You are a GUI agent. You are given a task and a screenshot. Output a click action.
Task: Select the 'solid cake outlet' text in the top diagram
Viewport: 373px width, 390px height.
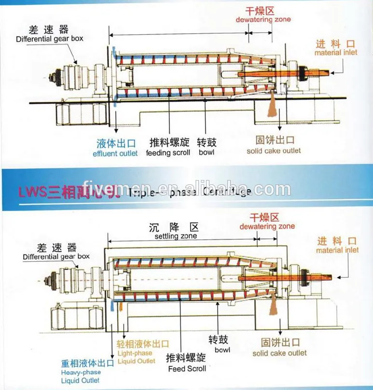[274, 151]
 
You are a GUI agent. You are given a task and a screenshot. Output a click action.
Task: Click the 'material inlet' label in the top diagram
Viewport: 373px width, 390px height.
[336, 53]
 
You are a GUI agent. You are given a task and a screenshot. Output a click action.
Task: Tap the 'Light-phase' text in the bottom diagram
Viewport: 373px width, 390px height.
[135, 353]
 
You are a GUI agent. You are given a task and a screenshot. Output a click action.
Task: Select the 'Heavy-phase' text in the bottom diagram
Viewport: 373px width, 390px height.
[81, 373]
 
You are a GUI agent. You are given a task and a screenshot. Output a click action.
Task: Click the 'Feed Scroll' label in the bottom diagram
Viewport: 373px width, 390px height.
[187, 369]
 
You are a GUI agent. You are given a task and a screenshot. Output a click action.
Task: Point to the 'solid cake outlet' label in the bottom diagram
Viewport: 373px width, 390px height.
[279, 353]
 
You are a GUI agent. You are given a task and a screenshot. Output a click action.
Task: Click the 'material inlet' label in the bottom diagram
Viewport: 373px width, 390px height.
[337, 250]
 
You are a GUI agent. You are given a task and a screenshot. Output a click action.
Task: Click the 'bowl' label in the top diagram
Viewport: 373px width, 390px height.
[206, 153]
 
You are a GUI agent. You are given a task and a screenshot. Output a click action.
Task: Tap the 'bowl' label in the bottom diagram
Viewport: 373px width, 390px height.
[222, 349]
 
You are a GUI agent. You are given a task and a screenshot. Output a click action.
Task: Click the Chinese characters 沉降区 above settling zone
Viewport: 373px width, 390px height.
[178, 227]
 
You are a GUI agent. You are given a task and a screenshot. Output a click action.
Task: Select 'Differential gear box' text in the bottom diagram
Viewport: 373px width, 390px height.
[56, 257]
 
